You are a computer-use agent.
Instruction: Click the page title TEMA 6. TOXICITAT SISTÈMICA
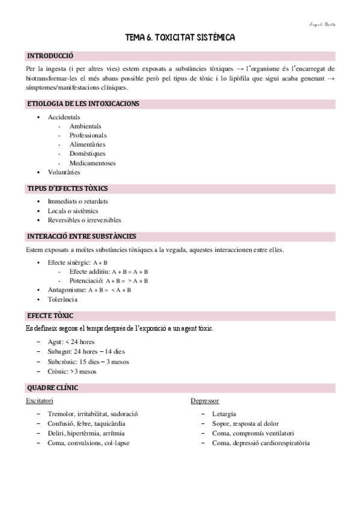tap(180, 38)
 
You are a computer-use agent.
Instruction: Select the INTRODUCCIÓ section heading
tap(50, 56)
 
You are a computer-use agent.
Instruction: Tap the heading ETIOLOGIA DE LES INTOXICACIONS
tap(84, 103)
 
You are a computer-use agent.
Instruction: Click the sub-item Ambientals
tap(85, 126)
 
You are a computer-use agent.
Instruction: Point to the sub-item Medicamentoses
tap(93, 162)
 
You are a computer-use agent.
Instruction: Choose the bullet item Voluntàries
tap(64, 172)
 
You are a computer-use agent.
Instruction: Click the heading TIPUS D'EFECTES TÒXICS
tap(68, 188)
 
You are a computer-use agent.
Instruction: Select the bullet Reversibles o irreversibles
tap(84, 220)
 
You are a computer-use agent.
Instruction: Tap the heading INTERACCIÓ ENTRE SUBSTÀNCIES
tap(82, 236)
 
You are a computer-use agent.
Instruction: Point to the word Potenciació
tap(86, 280)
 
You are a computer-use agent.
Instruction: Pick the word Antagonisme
tap(67, 289)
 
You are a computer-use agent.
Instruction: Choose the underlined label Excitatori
tap(40, 400)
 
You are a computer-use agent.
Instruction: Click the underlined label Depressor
tap(204, 400)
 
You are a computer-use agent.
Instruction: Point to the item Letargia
tap(224, 414)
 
